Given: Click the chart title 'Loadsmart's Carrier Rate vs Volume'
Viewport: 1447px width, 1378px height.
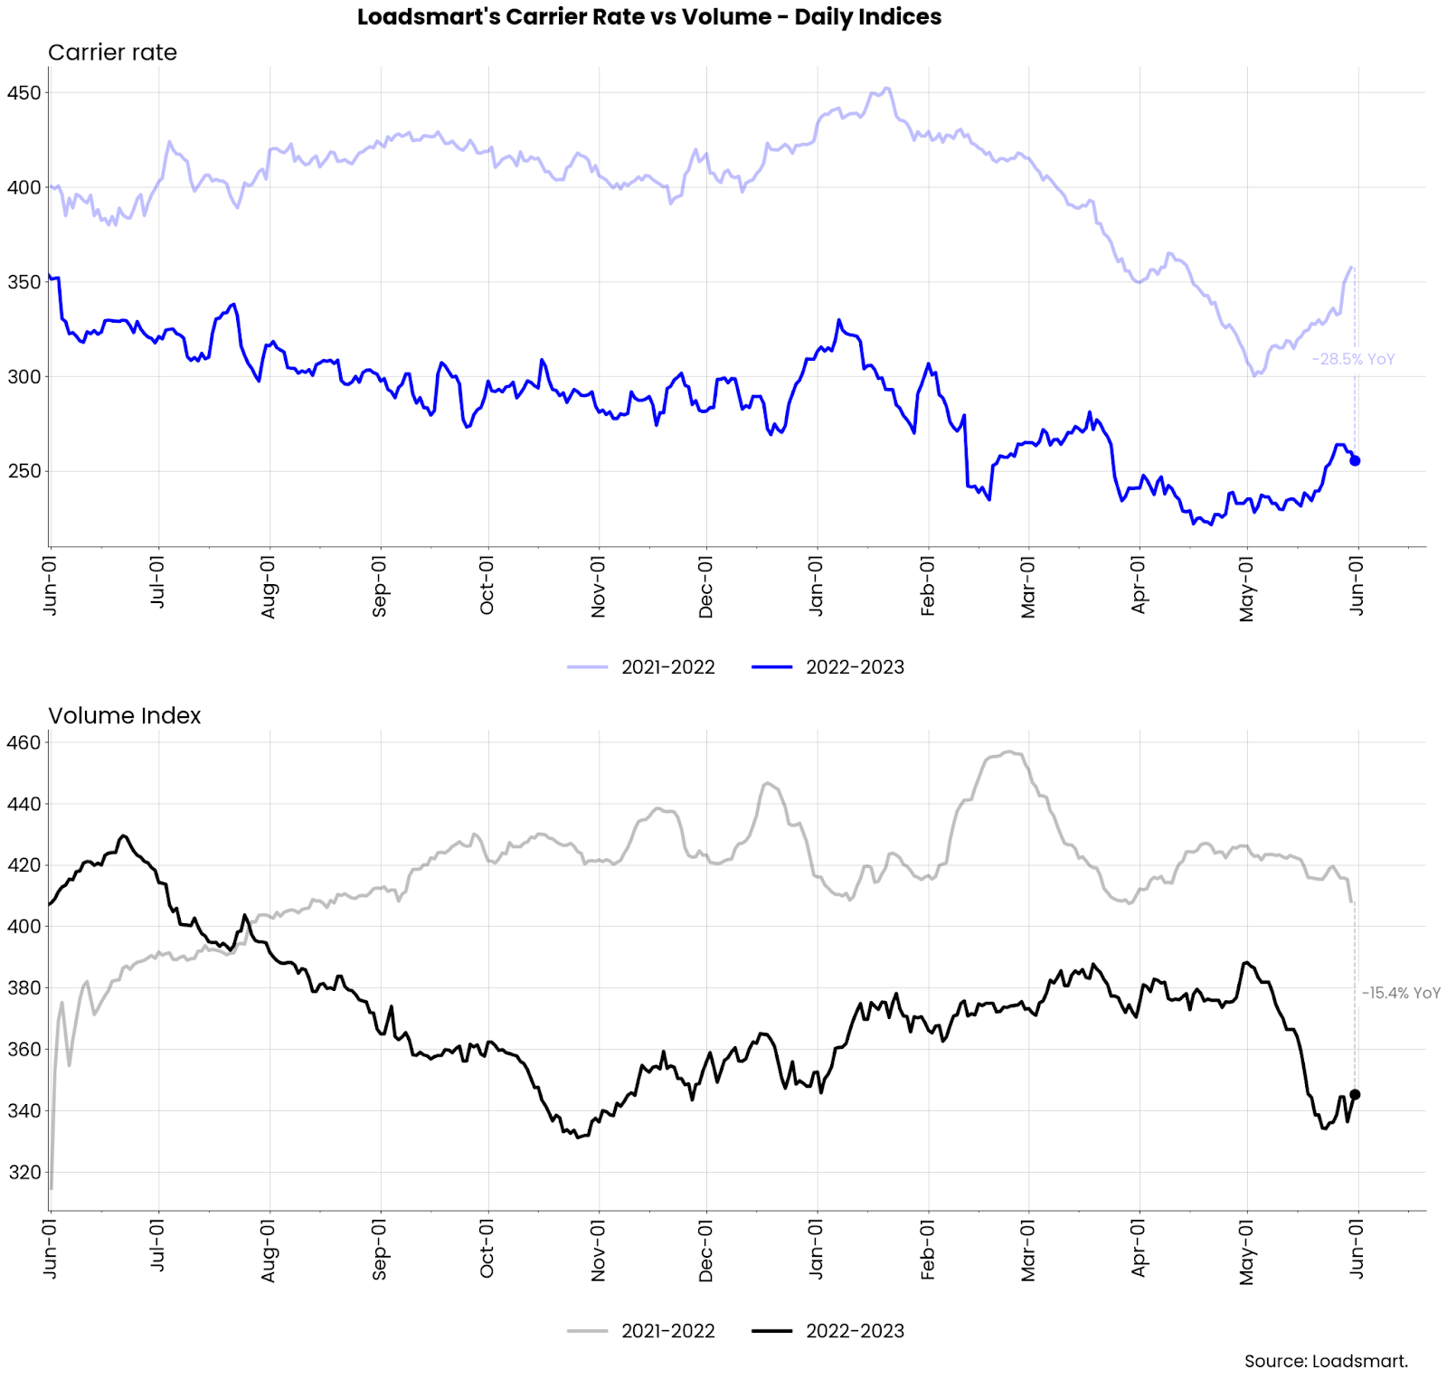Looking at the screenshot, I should (648, 17).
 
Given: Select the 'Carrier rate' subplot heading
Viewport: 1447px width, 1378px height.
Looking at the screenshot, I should (112, 52).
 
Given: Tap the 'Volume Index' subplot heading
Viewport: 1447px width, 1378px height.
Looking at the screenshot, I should (124, 715).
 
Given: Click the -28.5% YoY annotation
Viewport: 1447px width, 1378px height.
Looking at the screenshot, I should (1353, 359).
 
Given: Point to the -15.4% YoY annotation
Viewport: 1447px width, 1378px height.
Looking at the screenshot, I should (1401, 993).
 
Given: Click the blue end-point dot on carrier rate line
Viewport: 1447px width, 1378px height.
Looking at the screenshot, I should (1355, 460).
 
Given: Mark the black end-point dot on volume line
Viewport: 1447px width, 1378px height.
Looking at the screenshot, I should (1355, 1094).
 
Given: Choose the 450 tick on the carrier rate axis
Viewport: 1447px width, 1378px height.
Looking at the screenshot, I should (24, 93).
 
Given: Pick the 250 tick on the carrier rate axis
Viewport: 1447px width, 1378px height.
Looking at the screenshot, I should (24, 471).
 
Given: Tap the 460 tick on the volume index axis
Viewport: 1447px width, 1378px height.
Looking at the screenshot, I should (24, 742).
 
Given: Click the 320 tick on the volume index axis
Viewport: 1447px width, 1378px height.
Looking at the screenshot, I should (24, 1172).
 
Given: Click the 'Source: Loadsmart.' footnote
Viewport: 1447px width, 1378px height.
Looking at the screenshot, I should (1326, 1361).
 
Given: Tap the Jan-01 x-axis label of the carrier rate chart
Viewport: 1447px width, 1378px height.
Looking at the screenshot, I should (816, 587).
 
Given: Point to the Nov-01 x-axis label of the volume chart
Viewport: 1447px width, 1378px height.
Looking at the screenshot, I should (598, 1251).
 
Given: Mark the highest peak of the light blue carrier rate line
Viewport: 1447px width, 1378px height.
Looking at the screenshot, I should (887, 88).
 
